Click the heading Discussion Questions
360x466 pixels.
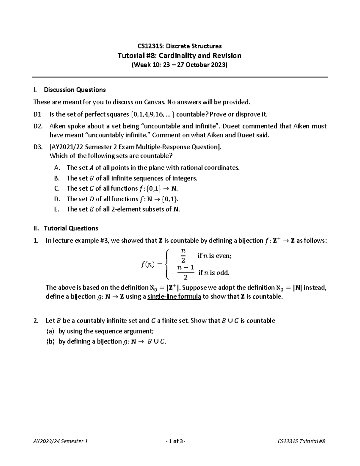click(75, 90)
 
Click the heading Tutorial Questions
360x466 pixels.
click(71, 228)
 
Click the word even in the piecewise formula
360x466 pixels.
click(224, 256)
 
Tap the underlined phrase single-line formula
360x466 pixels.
click(174, 297)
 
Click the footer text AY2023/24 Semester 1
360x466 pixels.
click(61, 441)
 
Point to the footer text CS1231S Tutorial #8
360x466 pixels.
click(302, 441)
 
